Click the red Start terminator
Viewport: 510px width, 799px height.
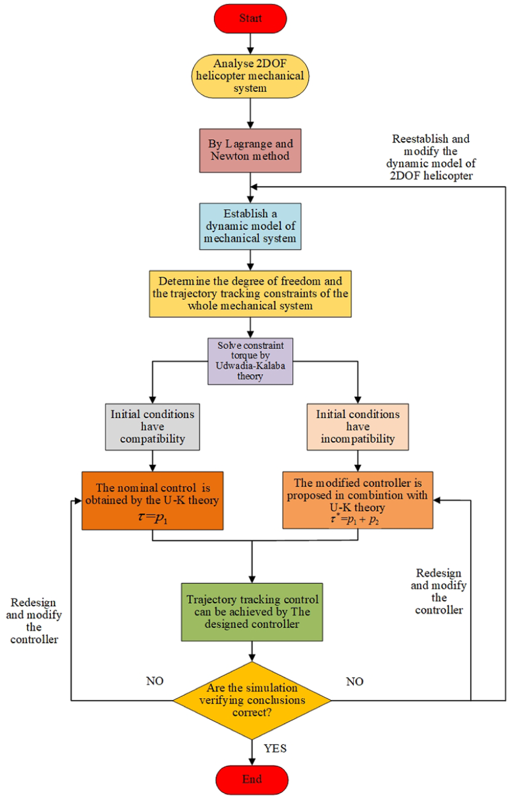pyautogui.click(x=250, y=18)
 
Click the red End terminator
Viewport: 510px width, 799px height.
pyautogui.click(x=252, y=780)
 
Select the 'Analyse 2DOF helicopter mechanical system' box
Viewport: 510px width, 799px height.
pyautogui.click(x=250, y=76)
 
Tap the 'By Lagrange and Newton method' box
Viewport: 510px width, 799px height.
pyautogui.click(x=250, y=151)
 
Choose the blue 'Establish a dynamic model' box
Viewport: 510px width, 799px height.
pyautogui.click(x=250, y=226)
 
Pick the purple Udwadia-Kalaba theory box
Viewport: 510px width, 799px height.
pyautogui.click(x=250, y=361)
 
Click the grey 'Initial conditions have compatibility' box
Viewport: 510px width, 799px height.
pyautogui.click(x=152, y=427)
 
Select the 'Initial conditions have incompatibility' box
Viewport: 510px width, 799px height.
pyautogui.click(x=358, y=427)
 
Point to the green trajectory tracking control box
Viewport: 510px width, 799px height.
pyautogui.click(x=252, y=612)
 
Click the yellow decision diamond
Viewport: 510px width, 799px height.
pyautogui.click(x=252, y=700)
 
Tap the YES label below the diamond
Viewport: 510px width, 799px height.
pyautogui.click(x=275, y=748)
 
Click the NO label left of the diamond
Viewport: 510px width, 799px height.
pyautogui.click(x=155, y=681)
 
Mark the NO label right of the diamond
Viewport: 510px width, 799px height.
pyautogui.click(x=354, y=682)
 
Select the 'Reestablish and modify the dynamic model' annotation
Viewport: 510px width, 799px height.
pyautogui.click(x=431, y=157)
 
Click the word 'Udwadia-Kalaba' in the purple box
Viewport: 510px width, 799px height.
pyautogui.click(x=250, y=366)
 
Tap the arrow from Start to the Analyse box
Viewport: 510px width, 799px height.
pyautogui.click(x=250, y=44)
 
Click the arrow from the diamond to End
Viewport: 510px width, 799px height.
pyautogui.click(x=252, y=752)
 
